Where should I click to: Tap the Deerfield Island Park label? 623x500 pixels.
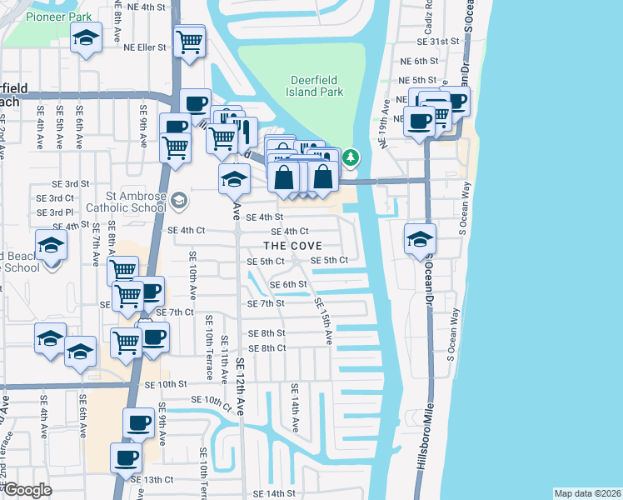click(316, 86)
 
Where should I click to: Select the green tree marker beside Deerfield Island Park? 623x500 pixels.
click(351, 156)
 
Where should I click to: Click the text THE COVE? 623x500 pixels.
click(292, 246)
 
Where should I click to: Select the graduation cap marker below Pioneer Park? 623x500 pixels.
click(85, 38)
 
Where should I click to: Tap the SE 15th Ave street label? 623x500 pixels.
click(322, 317)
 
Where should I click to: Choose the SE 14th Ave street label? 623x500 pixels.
click(294, 409)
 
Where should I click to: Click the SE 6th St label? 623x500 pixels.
click(288, 284)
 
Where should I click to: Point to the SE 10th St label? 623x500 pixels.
click(163, 384)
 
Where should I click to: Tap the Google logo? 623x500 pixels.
click(27, 490)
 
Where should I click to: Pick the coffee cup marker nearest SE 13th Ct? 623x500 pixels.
click(127, 457)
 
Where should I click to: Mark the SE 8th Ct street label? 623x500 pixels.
click(267, 347)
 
